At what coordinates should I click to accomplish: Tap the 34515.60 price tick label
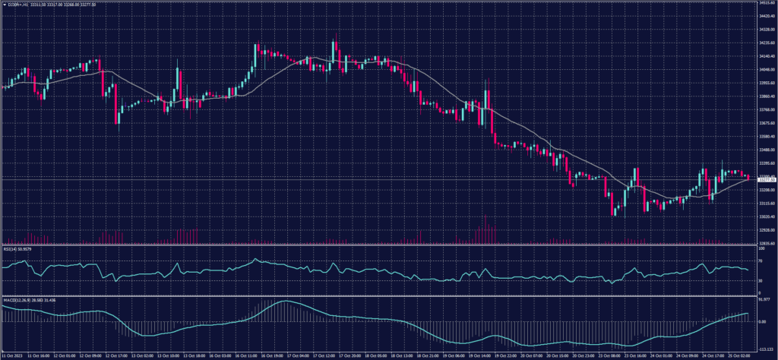pyautogui.click(x=764, y=3)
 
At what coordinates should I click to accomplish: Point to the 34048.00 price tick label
pyautogui.click(x=764, y=69)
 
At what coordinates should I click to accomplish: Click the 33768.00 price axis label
pyautogui.click(x=764, y=109)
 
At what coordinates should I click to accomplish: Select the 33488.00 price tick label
pyautogui.click(x=764, y=150)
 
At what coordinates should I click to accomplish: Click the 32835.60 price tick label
pyautogui.click(x=764, y=243)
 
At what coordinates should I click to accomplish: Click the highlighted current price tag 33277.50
pyautogui.click(x=764, y=178)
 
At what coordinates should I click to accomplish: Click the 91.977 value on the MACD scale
pyautogui.click(x=764, y=301)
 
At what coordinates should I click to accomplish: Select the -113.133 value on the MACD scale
pyautogui.click(x=764, y=348)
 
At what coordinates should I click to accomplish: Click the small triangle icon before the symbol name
pyautogui.click(x=3, y=5)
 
